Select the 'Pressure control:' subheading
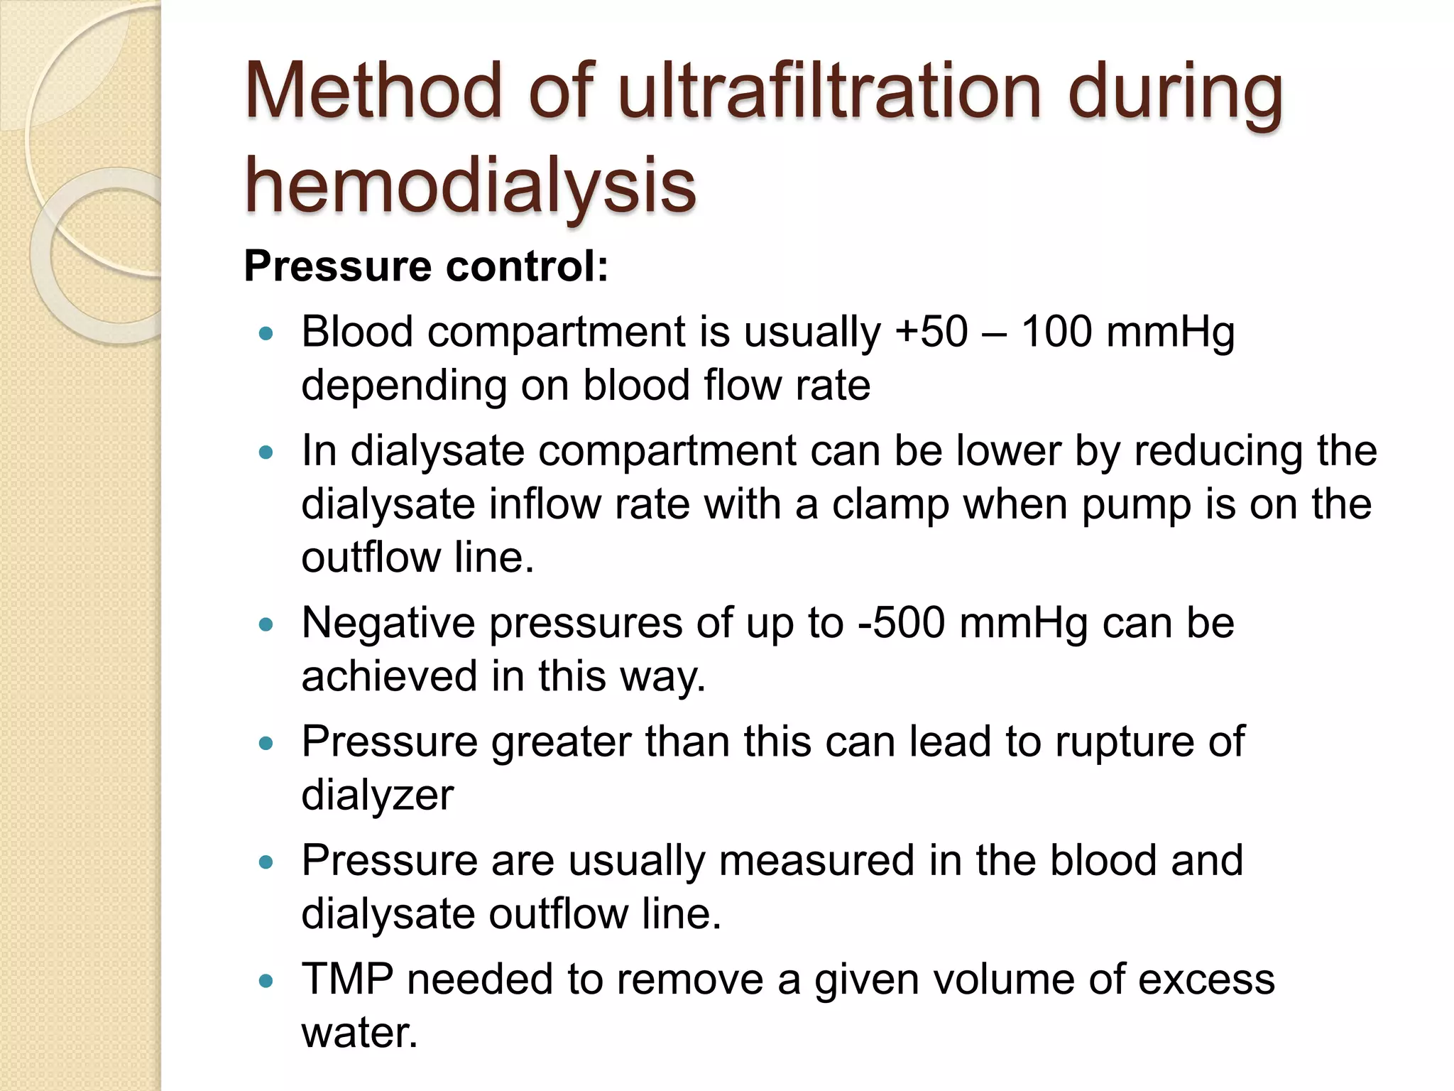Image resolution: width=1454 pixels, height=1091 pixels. click(426, 266)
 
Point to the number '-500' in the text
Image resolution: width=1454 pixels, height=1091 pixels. click(902, 623)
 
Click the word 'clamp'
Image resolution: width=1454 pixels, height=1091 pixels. click(890, 504)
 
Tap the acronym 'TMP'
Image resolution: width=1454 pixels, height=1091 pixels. click(347, 979)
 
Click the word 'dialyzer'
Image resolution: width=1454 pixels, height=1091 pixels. click(377, 795)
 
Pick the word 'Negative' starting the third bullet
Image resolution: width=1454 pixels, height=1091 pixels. click(388, 623)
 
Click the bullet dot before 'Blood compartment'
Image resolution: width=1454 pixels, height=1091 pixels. click(266, 333)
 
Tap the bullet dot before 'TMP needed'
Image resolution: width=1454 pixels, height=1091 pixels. click(266, 981)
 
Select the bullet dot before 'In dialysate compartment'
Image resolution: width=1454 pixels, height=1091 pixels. click(266, 452)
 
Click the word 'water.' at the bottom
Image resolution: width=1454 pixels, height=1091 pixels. click(359, 1032)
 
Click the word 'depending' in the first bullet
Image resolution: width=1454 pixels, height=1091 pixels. click(404, 386)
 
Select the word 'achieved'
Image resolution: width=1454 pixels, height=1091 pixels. click(389, 676)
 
